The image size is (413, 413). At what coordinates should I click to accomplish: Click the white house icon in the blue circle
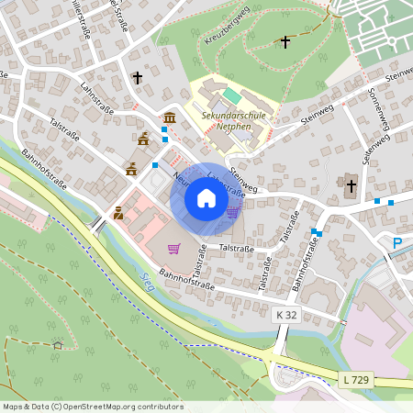click(x=206, y=197)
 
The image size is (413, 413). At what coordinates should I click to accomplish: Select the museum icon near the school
click(x=171, y=117)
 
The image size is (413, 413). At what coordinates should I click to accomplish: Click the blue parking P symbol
click(x=397, y=243)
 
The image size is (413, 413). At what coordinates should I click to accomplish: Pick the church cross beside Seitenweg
click(x=350, y=185)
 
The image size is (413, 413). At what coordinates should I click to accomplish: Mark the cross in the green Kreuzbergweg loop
click(x=285, y=42)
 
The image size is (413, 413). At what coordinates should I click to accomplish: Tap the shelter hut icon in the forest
click(x=58, y=345)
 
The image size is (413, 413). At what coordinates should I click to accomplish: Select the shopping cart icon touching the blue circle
click(x=233, y=212)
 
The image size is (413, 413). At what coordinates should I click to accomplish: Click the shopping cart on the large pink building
click(x=173, y=247)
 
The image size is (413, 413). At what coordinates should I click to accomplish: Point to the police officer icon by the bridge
click(x=118, y=214)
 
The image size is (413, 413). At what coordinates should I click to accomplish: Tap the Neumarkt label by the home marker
click(x=178, y=181)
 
